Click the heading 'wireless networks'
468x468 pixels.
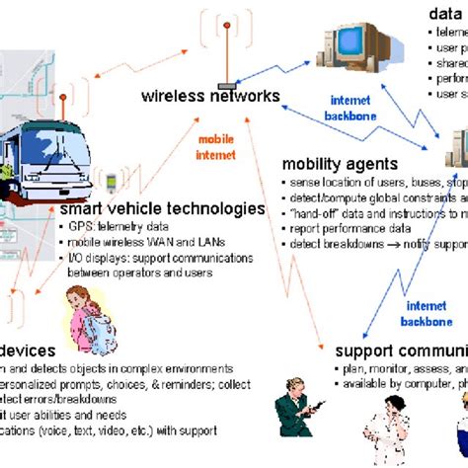210,97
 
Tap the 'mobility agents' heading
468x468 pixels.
340,164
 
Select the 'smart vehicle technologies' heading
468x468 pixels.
162,208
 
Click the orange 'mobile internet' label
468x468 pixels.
215,146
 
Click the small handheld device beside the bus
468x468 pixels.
112,183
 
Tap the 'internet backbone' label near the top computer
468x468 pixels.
351,108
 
